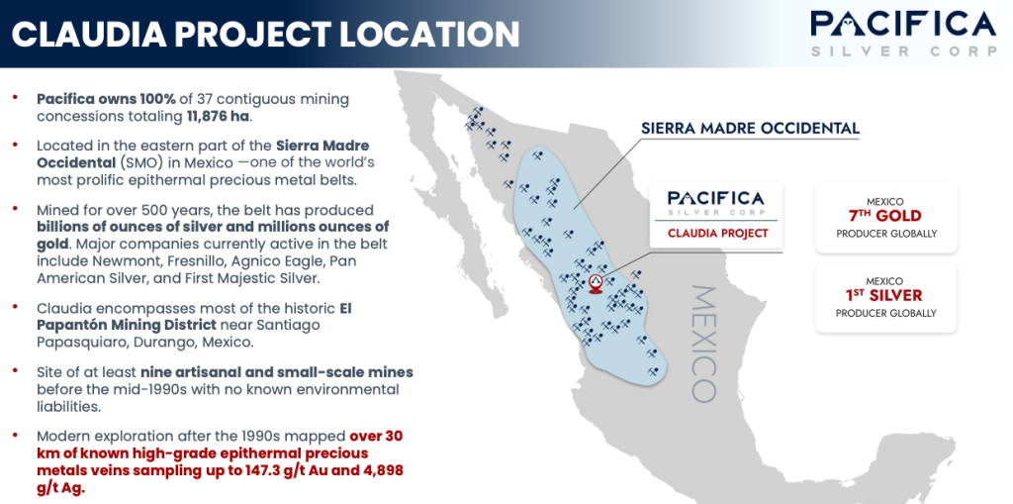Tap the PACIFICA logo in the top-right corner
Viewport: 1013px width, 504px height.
tap(904, 33)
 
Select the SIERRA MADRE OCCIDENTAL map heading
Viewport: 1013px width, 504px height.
tap(750, 128)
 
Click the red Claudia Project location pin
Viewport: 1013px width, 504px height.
tap(596, 283)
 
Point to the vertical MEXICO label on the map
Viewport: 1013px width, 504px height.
tap(704, 344)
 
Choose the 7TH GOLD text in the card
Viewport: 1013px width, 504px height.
tap(885, 216)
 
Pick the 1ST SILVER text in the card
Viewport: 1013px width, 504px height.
tap(885, 296)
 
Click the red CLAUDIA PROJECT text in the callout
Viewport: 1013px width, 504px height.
tap(718, 233)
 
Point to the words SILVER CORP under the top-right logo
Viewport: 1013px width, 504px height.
tap(904, 51)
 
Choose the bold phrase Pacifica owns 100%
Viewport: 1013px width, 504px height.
tap(106, 100)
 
